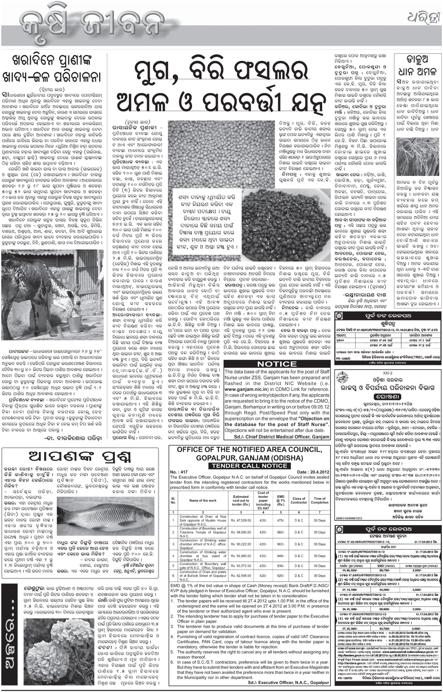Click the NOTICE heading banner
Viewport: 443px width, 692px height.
click(x=277, y=364)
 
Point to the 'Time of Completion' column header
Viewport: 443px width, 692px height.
click(x=319, y=500)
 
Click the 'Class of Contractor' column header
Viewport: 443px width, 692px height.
click(x=298, y=500)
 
